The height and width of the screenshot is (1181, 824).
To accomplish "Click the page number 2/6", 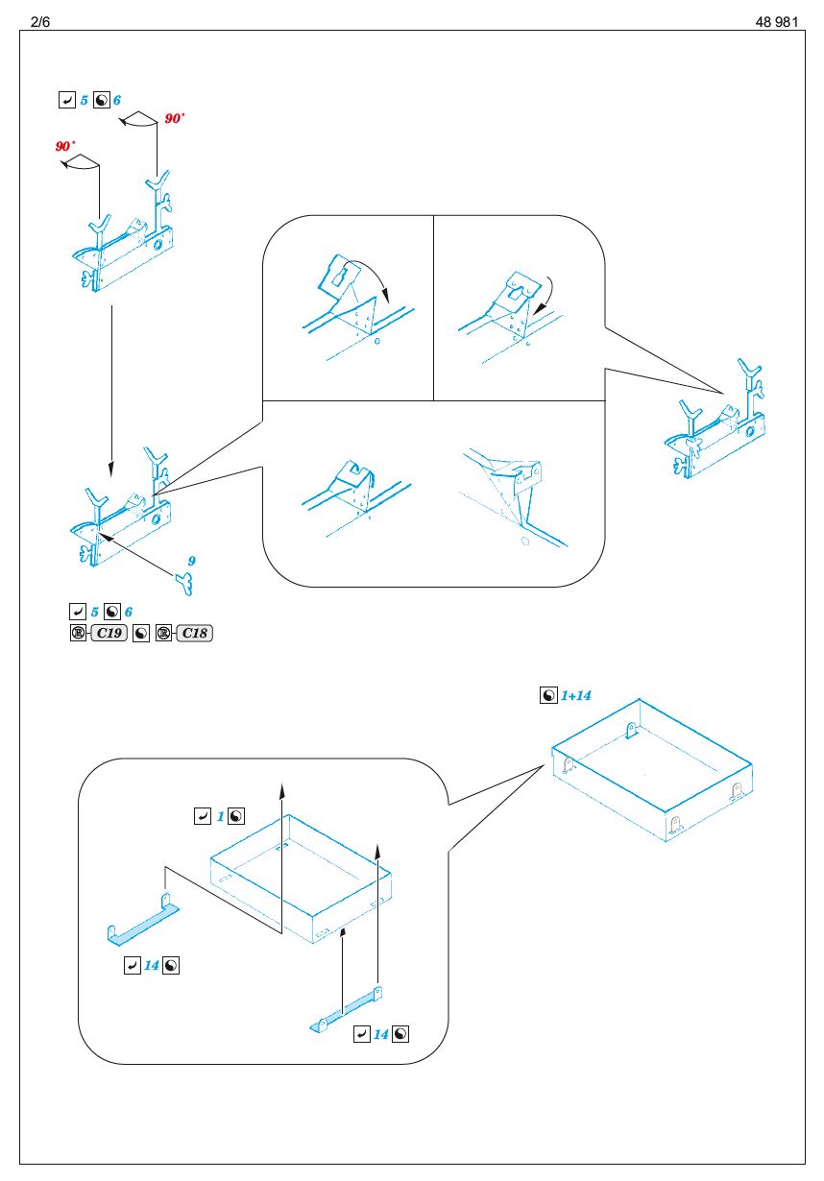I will point(40,21).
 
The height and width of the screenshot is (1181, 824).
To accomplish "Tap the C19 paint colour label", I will point(109,633).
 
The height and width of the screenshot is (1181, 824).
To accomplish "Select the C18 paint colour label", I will point(194,633).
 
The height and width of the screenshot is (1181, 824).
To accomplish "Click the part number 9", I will point(192,560).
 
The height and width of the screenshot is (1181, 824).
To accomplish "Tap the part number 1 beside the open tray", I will point(220,816).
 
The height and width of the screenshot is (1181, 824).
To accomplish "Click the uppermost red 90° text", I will point(174,119).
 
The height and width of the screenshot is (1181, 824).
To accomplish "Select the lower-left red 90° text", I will point(66,146).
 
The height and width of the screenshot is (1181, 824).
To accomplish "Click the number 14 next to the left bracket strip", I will point(151,965).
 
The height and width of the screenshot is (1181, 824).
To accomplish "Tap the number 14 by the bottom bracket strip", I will point(381,1033).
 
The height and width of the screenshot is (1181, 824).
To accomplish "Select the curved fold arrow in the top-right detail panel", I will point(547,290).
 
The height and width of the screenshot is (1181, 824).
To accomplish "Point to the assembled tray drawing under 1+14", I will point(653,768).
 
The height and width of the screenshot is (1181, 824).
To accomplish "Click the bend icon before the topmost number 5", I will point(66,100).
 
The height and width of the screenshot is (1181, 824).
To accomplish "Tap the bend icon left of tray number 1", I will point(203,816).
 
